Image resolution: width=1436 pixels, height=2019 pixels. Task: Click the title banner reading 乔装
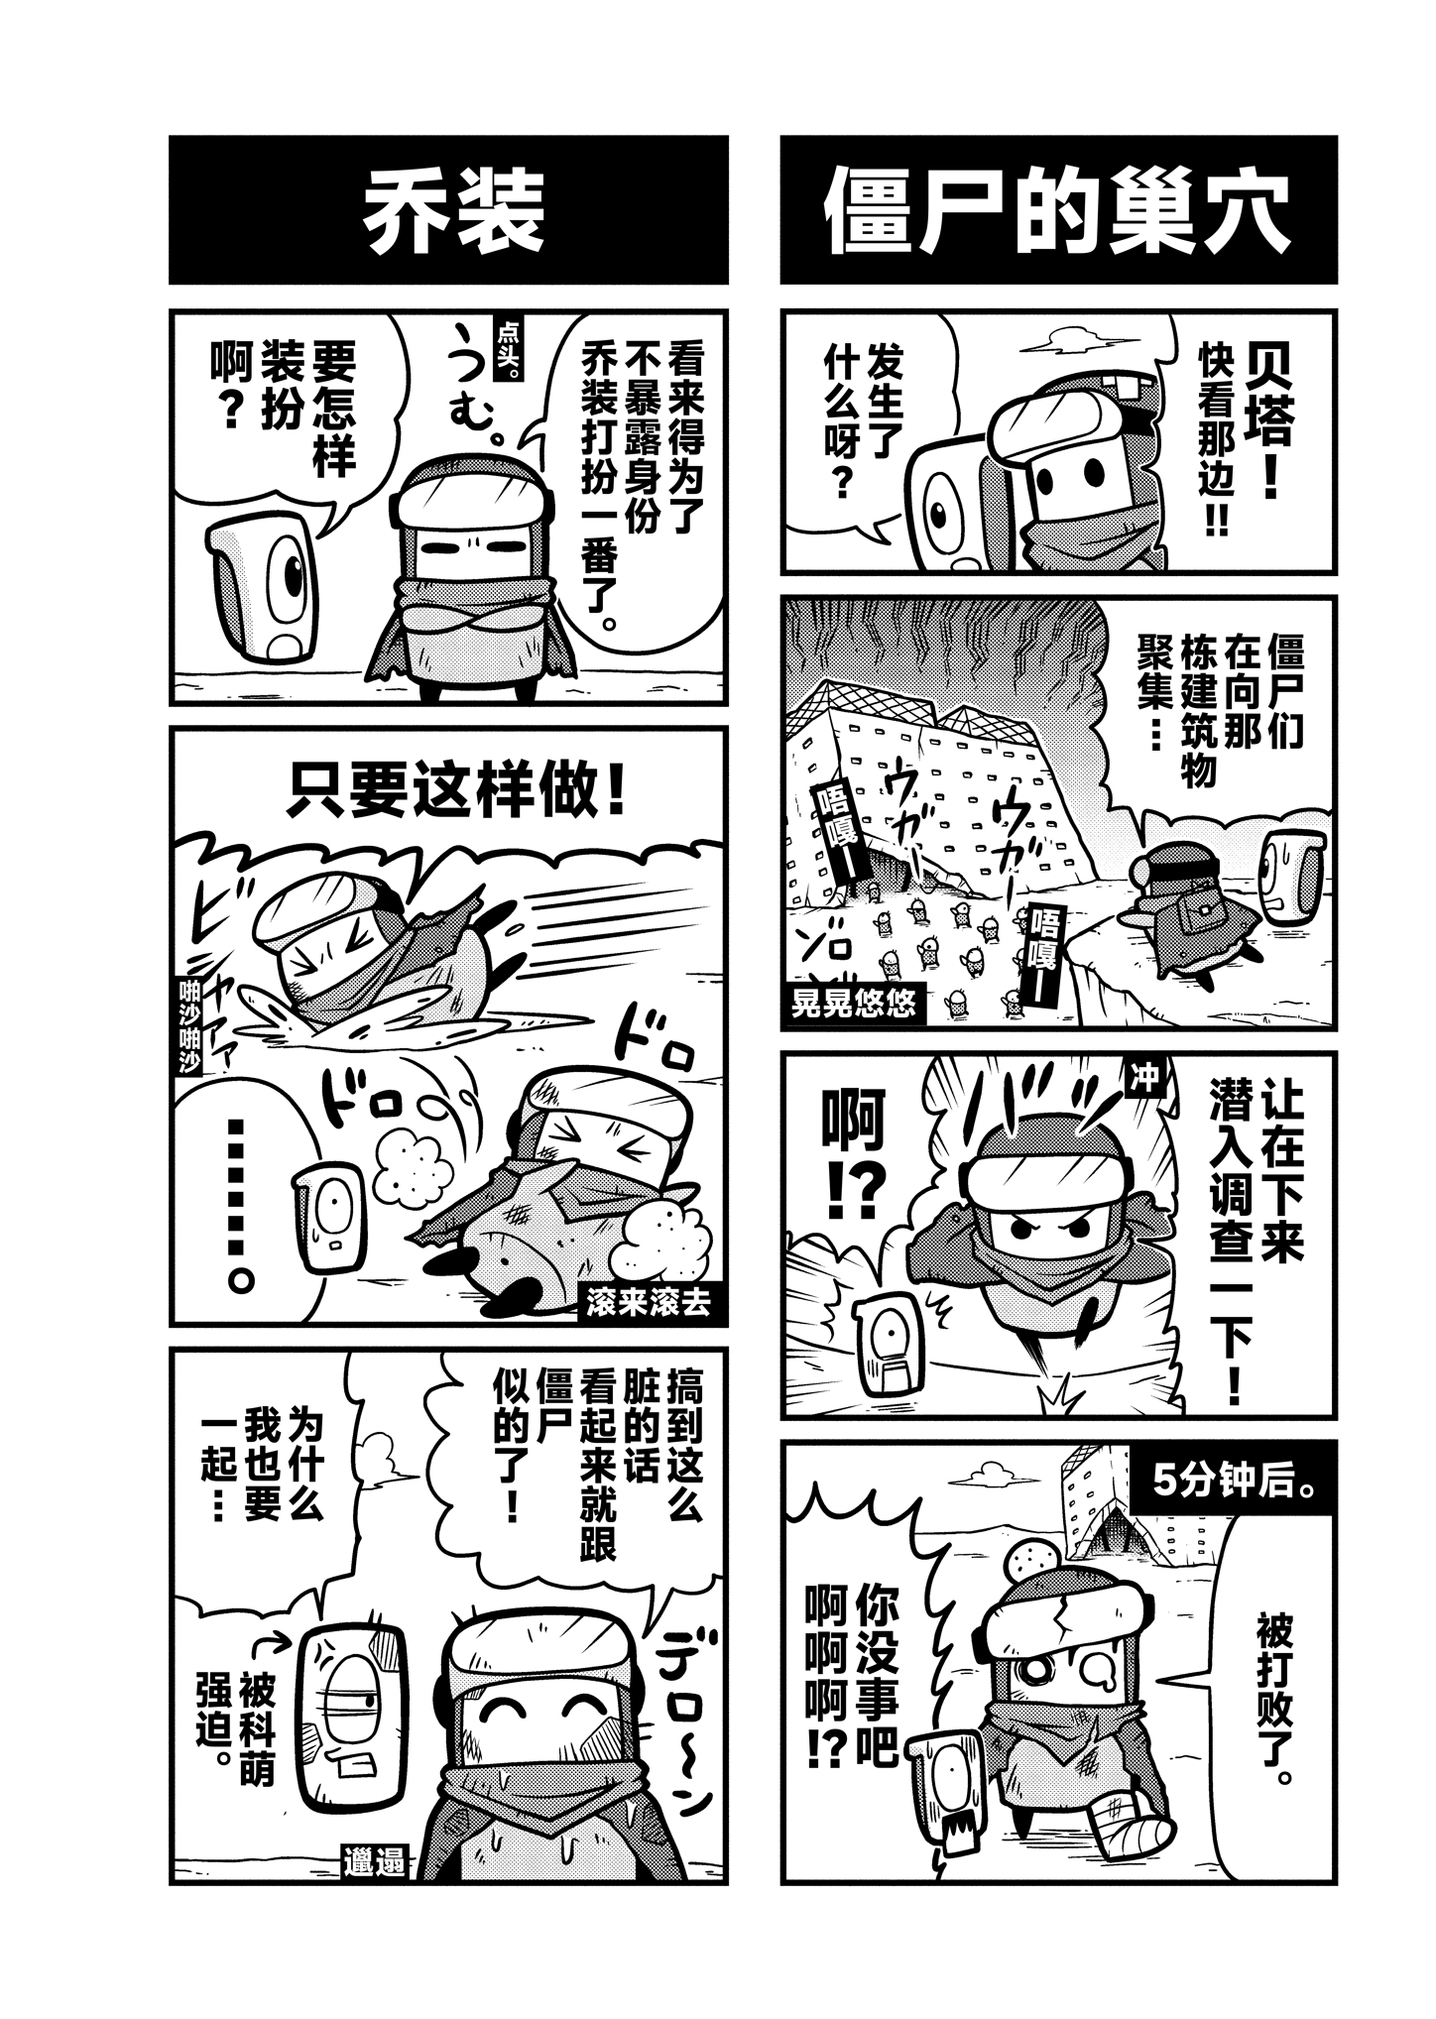(x=448, y=210)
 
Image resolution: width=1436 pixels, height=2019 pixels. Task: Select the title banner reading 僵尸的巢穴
(x=1058, y=210)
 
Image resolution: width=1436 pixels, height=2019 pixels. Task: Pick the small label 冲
(x=1145, y=1079)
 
